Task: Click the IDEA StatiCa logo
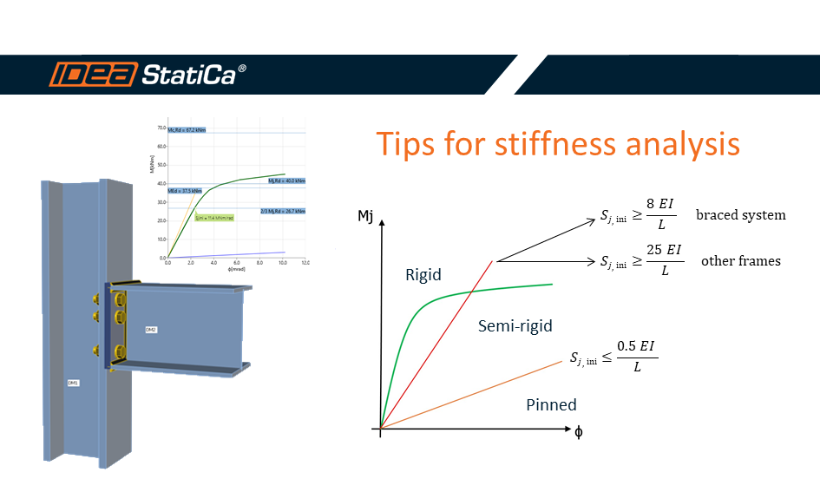148,75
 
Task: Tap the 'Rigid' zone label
423,275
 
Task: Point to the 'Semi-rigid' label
515,326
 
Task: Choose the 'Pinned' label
551,405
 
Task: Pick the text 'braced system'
740,214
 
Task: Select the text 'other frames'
740,260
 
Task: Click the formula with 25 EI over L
640,260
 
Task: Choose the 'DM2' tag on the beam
151,330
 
